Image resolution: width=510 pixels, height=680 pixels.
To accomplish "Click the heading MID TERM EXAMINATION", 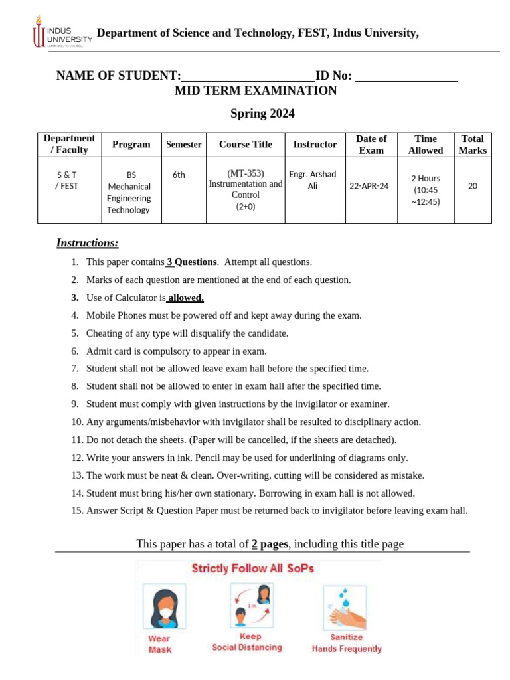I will [x=256, y=91].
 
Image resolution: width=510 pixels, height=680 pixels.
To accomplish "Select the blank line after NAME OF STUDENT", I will [x=248, y=76].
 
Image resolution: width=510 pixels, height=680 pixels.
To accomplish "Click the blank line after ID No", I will [x=407, y=76].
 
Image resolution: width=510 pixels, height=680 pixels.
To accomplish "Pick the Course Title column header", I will [x=246, y=144].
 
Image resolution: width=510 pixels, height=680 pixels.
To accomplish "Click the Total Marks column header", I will [x=472, y=144].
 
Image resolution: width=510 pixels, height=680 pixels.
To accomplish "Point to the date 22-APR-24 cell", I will [x=369, y=186].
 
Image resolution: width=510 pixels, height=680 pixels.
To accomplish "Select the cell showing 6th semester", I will [x=179, y=175].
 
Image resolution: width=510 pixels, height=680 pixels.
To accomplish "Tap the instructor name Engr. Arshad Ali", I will [x=313, y=180].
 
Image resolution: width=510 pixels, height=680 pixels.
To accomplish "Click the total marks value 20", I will [x=472, y=186].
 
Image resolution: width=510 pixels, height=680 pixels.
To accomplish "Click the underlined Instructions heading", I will [x=87, y=243].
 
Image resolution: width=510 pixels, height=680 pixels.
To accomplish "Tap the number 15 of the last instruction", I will [x=76, y=511].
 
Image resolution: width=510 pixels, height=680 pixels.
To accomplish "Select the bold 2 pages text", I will [x=270, y=544].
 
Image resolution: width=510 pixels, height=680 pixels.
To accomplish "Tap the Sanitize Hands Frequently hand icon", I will [x=347, y=608].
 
